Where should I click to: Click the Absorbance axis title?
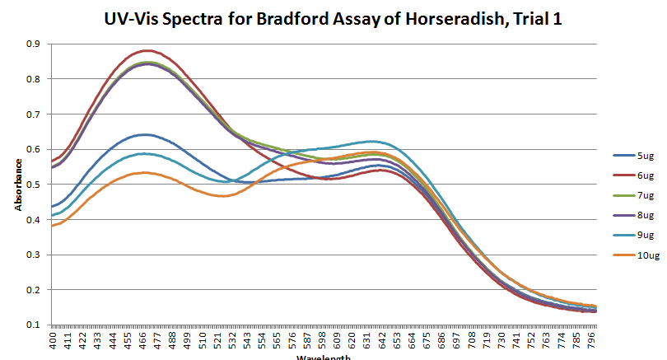(17, 184)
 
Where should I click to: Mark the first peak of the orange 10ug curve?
(144, 172)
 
